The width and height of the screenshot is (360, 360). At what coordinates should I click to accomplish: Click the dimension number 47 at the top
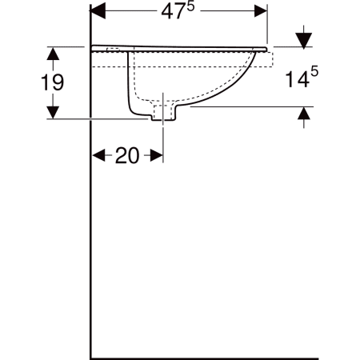174,12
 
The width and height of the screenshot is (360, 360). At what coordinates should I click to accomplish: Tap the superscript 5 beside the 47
191,7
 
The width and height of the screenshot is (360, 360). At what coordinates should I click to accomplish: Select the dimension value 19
53,82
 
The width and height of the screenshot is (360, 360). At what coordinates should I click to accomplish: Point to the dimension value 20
127,155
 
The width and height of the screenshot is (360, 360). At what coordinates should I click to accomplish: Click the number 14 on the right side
298,79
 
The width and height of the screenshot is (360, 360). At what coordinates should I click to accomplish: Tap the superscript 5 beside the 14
314,72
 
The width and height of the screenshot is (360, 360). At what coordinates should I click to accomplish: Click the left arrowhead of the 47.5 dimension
98,11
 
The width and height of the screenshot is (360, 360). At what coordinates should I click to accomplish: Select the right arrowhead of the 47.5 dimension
261,11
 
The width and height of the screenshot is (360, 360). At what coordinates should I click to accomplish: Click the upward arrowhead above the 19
53,54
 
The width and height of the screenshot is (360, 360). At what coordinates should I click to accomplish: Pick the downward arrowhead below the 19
53,112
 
